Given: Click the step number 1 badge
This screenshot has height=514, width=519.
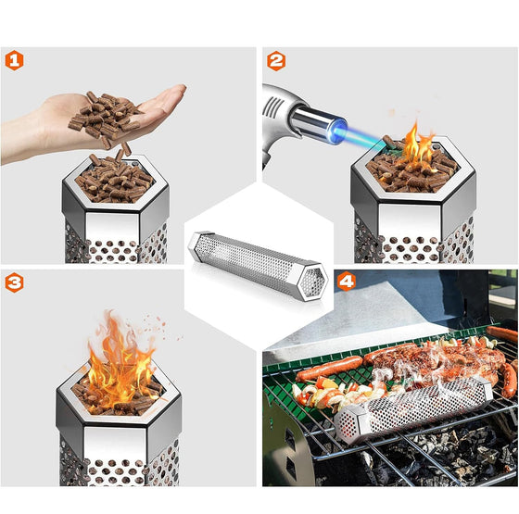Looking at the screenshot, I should (14, 61).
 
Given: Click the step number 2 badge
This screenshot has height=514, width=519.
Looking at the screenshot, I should (276, 61).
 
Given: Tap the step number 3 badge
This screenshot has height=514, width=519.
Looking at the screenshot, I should (14, 282).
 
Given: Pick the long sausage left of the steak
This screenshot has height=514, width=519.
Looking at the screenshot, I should (329, 369).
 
